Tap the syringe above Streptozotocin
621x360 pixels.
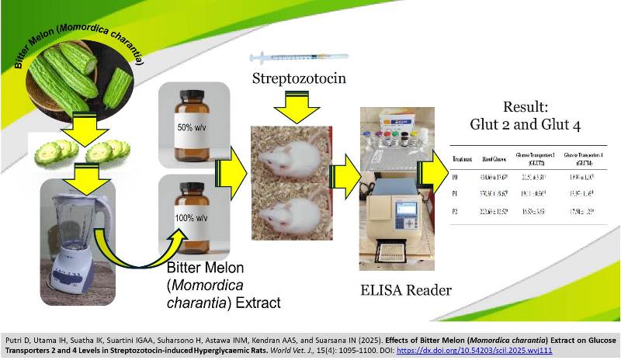pyautogui.click(x=299, y=57)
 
